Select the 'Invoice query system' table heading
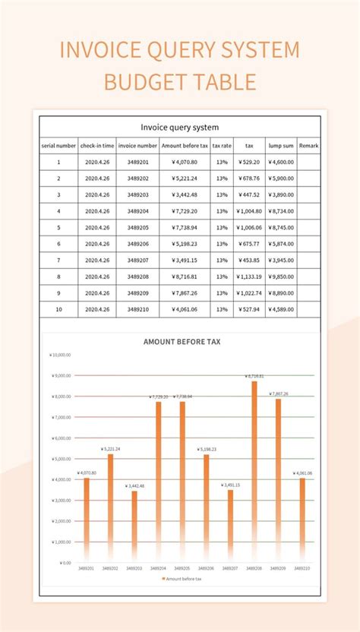[x=180, y=127]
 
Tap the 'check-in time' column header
[x=97, y=145]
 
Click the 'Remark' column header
[x=308, y=145]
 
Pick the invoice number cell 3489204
[x=137, y=211]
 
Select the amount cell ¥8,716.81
[x=184, y=276]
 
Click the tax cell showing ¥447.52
[x=248, y=194]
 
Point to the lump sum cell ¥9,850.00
[x=280, y=276]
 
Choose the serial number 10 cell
[x=58, y=309]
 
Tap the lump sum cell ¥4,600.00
[x=280, y=162]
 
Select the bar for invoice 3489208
[x=254, y=471]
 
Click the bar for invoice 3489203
[x=134, y=526]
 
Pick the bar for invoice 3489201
[x=87, y=520]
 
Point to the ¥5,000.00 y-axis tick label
[x=61, y=459]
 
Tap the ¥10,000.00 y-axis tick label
[x=60, y=354]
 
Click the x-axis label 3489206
[x=206, y=568]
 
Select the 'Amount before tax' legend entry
[x=182, y=579]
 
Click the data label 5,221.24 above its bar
[x=110, y=449]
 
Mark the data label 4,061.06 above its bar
[x=302, y=473]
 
